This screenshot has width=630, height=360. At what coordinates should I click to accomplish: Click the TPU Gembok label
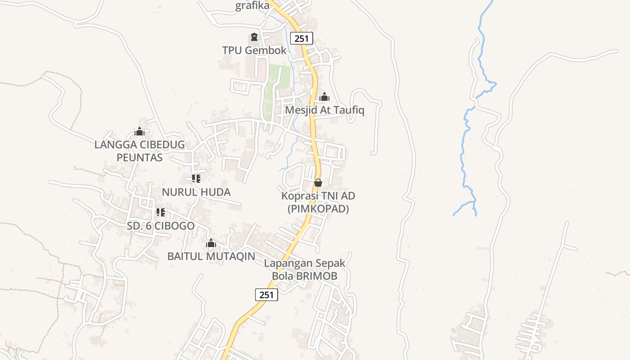coord(254,50)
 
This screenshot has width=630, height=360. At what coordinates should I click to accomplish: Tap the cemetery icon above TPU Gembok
coord(254,37)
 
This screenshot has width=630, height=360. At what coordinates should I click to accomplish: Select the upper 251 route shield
coord(301,38)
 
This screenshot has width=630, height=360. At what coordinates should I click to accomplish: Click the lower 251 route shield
coord(266,295)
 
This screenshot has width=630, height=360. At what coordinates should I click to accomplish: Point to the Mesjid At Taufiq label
coord(324,110)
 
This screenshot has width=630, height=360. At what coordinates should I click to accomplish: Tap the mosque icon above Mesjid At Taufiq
coord(324,97)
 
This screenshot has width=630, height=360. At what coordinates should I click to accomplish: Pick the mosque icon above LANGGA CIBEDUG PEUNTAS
coord(139,131)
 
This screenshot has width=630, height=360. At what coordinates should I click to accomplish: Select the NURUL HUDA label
coord(196,192)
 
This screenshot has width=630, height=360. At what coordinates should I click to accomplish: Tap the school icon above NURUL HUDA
coord(196,179)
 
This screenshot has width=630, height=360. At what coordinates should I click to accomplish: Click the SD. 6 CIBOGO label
coord(161,226)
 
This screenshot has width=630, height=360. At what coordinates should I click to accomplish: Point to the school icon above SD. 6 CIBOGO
coord(161,212)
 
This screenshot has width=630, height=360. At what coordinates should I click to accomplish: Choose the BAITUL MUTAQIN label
coord(211,256)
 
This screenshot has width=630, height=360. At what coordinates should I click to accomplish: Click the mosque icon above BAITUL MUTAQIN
coord(211,243)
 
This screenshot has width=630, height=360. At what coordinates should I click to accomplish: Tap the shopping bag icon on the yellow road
coord(318,182)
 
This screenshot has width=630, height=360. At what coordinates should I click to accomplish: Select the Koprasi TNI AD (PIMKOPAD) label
coord(318,202)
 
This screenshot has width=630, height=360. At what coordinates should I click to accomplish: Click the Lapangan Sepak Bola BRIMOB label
coord(305,269)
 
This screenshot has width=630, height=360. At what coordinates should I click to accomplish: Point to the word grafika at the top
coord(252,6)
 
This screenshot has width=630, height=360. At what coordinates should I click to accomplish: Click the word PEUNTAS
coord(139,157)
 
